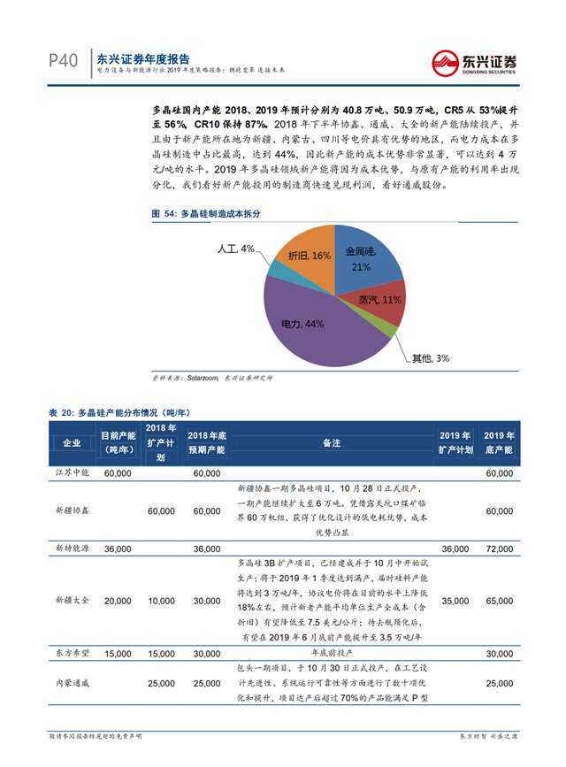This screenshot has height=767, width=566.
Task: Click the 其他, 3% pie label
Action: point(431,358)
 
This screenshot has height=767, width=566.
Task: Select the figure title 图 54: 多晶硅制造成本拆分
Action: point(208,214)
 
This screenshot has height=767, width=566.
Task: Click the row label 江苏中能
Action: point(72,474)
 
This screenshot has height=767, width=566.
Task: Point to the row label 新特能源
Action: point(72,549)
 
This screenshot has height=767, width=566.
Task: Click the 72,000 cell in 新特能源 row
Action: point(499,549)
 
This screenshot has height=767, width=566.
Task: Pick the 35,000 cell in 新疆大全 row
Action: point(455,601)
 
